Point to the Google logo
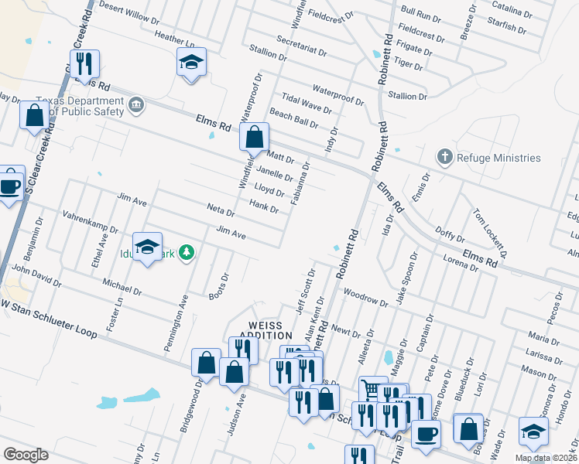click(x=26, y=455)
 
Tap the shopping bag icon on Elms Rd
click(x=254, y=138)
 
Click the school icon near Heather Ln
click(x=191, y=63)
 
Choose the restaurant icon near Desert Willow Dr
click(x=81, y=63)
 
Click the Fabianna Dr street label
click(x=300, y=184)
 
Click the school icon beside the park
click(x=147, y=247)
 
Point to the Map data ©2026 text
click(x=545, y=458)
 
